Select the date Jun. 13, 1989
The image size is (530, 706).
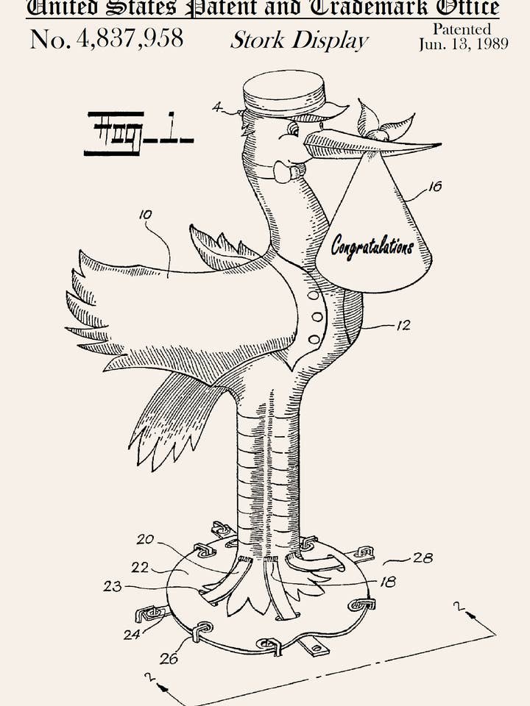point(463,44)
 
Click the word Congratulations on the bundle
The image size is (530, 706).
point(372,246)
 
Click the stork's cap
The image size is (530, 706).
point(283,92)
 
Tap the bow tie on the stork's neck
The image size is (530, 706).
point(286,172)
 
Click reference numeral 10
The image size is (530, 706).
point(145,215)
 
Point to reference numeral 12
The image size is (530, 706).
point(403,325)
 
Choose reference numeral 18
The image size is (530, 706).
point(387,582)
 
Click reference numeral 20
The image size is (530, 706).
point(145,539)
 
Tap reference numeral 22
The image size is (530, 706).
point(140,568)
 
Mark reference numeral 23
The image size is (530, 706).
point(113,586)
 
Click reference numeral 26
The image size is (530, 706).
point(169,658)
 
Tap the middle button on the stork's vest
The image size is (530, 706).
point(317,317)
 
